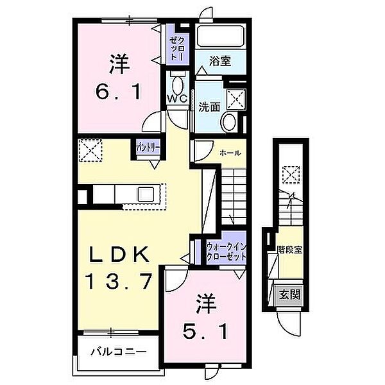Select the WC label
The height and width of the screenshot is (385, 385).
176,98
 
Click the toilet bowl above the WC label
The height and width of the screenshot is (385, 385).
178,81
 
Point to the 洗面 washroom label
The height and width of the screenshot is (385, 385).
208,107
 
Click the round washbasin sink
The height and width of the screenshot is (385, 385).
229,122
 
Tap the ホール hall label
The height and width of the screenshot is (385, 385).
230,153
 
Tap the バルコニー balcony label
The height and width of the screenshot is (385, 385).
118,352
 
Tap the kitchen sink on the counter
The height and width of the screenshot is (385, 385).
146,193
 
